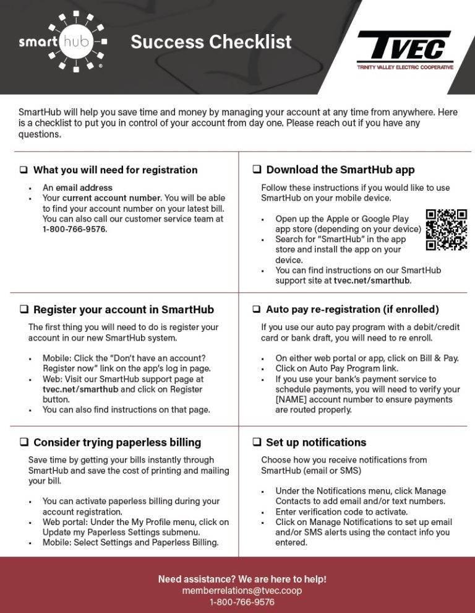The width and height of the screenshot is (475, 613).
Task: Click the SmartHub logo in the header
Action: pos(62,42)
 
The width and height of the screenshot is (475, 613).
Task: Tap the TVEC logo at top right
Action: pos(404,50)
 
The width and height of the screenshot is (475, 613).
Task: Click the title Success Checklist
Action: pos(211,42)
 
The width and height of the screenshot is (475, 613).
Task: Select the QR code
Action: pos(447,230)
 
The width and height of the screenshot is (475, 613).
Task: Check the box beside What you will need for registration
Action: pos(24,170)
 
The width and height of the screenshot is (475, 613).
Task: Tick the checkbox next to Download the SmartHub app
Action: pos(257,170)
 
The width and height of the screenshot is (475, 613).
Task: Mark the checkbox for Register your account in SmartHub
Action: pos(24,310)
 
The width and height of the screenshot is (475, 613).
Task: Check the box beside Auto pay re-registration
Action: pos(257,309)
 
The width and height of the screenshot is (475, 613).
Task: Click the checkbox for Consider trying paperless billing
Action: pos(24,443)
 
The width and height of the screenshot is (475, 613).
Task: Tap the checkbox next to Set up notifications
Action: pos(257,443)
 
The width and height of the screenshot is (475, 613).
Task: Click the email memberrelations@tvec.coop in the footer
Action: pos(242,591)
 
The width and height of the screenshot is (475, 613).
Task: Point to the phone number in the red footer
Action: pos(242,602)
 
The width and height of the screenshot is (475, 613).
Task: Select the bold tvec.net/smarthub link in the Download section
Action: pos(372,280)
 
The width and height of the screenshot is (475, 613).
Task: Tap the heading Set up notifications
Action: pos(316,443)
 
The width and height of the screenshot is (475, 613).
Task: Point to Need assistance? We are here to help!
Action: pos(242,580)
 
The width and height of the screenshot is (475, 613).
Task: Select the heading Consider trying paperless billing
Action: pos(117,443)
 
